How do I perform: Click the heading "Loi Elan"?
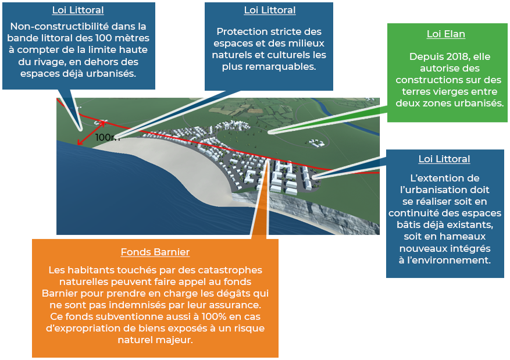445,34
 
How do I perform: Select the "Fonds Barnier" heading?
155,252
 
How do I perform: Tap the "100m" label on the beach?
107,138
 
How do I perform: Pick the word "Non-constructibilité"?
56,27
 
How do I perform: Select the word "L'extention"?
440,178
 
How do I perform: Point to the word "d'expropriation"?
85,328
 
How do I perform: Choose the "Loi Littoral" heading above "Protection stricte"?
270,10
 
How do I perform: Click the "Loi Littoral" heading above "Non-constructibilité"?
78,10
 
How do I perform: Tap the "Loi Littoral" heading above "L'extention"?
444,159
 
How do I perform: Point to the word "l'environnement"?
452,260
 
